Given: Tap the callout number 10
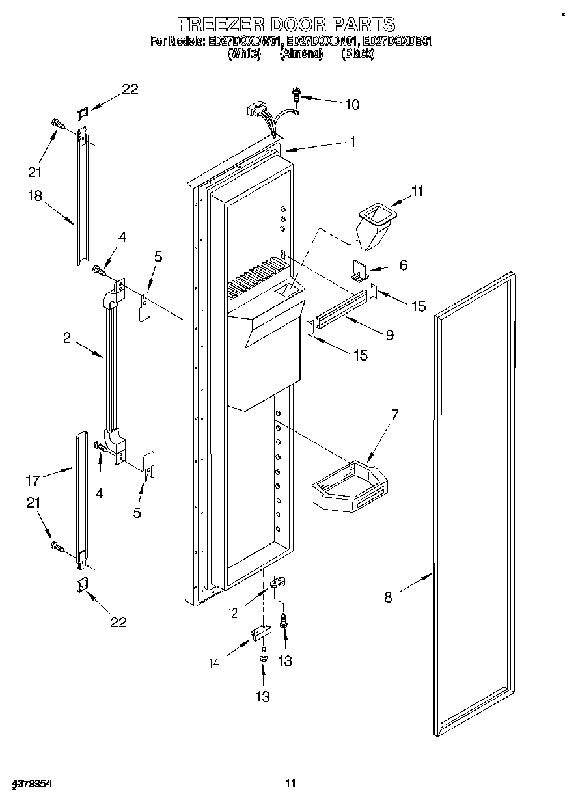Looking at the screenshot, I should pos(351,104).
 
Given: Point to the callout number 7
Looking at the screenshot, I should pos(394,415).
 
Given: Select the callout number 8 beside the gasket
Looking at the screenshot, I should pos(388,597).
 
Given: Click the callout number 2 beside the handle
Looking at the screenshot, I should pos(66,337).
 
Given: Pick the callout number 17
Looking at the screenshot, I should pos(33,481).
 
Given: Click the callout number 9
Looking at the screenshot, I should pos(389,335).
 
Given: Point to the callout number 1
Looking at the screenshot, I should pos(351,141).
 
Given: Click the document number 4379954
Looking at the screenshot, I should pos(31,783).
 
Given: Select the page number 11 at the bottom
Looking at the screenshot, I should pos(290,783).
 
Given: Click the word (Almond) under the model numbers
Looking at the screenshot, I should pos(301,54).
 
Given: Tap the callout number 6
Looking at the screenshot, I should pos(403,265).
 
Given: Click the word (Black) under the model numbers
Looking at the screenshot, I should pos(357,54).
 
